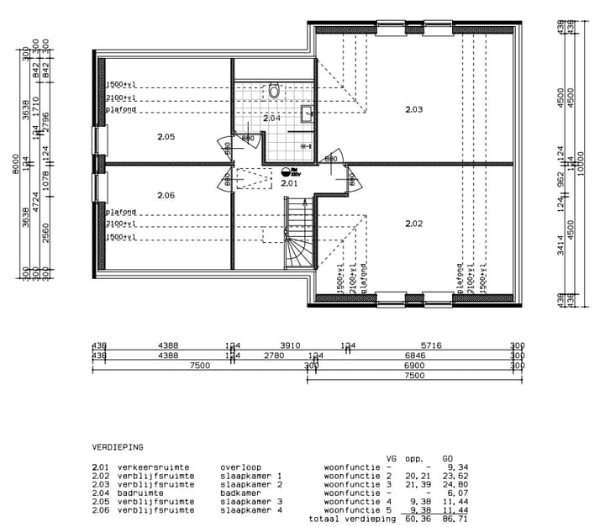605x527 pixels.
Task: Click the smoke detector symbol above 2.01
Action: (x=287, y=171)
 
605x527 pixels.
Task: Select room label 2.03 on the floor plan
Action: (x=413, y=109)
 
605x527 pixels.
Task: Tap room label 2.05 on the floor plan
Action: (x=166, y=136)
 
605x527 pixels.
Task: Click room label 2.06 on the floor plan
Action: (x=166, y=195)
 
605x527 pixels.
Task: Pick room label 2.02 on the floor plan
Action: (x=413, y=223)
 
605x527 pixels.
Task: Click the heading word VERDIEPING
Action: (x=118, y=447)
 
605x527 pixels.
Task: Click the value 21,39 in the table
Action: (x=418, y=484)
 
